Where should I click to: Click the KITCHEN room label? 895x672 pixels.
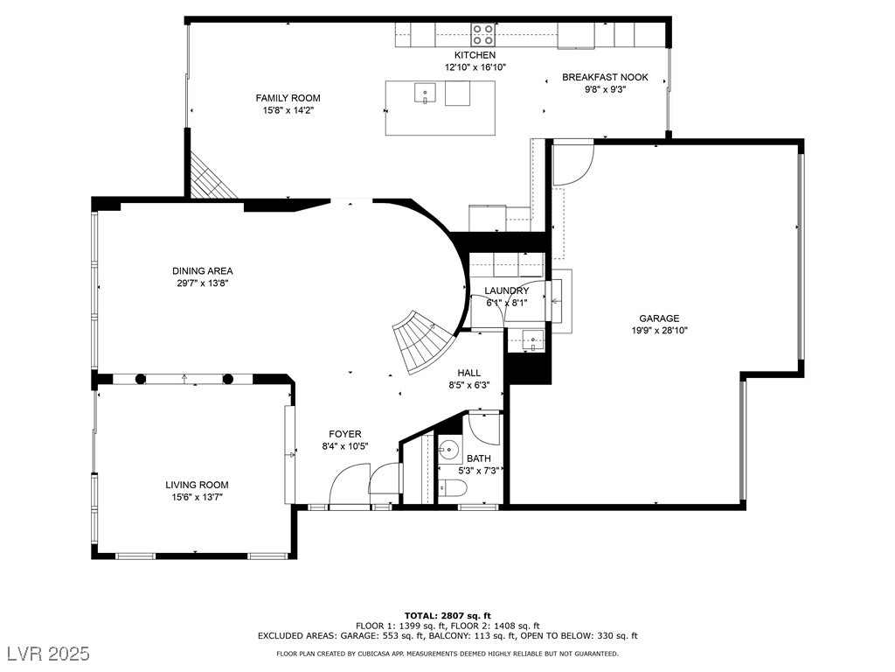[475, 55]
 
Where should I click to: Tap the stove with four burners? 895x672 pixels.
[482, 34]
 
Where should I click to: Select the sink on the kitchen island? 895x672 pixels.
[426, 91]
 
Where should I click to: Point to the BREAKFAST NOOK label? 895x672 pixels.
[605, 77]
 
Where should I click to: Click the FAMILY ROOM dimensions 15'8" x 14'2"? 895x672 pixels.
[288, 110]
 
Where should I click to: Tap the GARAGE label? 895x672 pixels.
[658, 318]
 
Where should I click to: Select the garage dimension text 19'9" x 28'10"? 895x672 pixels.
[658, 331]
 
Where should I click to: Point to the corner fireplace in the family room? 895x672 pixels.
[210, 177]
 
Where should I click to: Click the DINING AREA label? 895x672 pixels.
[202, 270]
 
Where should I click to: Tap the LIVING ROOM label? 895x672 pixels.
[197, 485]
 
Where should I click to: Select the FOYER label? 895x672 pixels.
[344, 434]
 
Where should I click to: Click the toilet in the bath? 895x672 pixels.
[450, 488]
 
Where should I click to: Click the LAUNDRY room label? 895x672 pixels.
[507, 290]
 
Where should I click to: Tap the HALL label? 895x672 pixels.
[468, 373]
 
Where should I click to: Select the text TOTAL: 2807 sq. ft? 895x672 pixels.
[447, 615]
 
